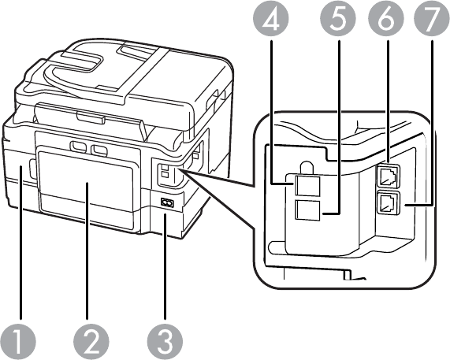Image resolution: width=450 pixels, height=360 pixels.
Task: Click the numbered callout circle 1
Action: coord(18,343)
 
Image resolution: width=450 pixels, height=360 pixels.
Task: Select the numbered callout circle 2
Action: coord(91,343)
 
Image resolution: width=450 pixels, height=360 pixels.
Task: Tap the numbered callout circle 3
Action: coord(165,343)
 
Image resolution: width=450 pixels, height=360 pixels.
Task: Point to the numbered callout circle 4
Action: coord(270,18)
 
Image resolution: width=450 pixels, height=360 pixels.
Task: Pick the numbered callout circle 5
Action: coord(338,18)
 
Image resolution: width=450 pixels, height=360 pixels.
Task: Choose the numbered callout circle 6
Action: coord(386,18)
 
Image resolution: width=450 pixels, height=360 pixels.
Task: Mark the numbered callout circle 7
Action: coord(431,18)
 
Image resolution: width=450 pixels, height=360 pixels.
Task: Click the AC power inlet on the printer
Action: coord(167,202)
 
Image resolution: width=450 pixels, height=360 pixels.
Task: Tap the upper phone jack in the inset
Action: coord(387,175)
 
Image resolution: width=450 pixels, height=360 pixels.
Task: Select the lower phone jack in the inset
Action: coord(388,202)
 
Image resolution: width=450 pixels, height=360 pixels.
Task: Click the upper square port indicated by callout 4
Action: coord(307,186)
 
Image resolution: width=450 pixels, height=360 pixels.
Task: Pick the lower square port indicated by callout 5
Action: coord(307,210)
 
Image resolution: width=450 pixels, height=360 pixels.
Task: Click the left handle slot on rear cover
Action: coord(78,147)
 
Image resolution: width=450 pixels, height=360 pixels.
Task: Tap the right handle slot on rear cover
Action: coord(99,150)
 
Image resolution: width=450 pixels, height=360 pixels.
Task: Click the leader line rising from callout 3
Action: coord(165,267)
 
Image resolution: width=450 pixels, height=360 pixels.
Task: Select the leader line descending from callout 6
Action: coord(388,102)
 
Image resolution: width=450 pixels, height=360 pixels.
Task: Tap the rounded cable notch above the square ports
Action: coord(307,167)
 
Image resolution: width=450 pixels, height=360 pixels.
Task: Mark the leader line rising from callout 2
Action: coord(87,251)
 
